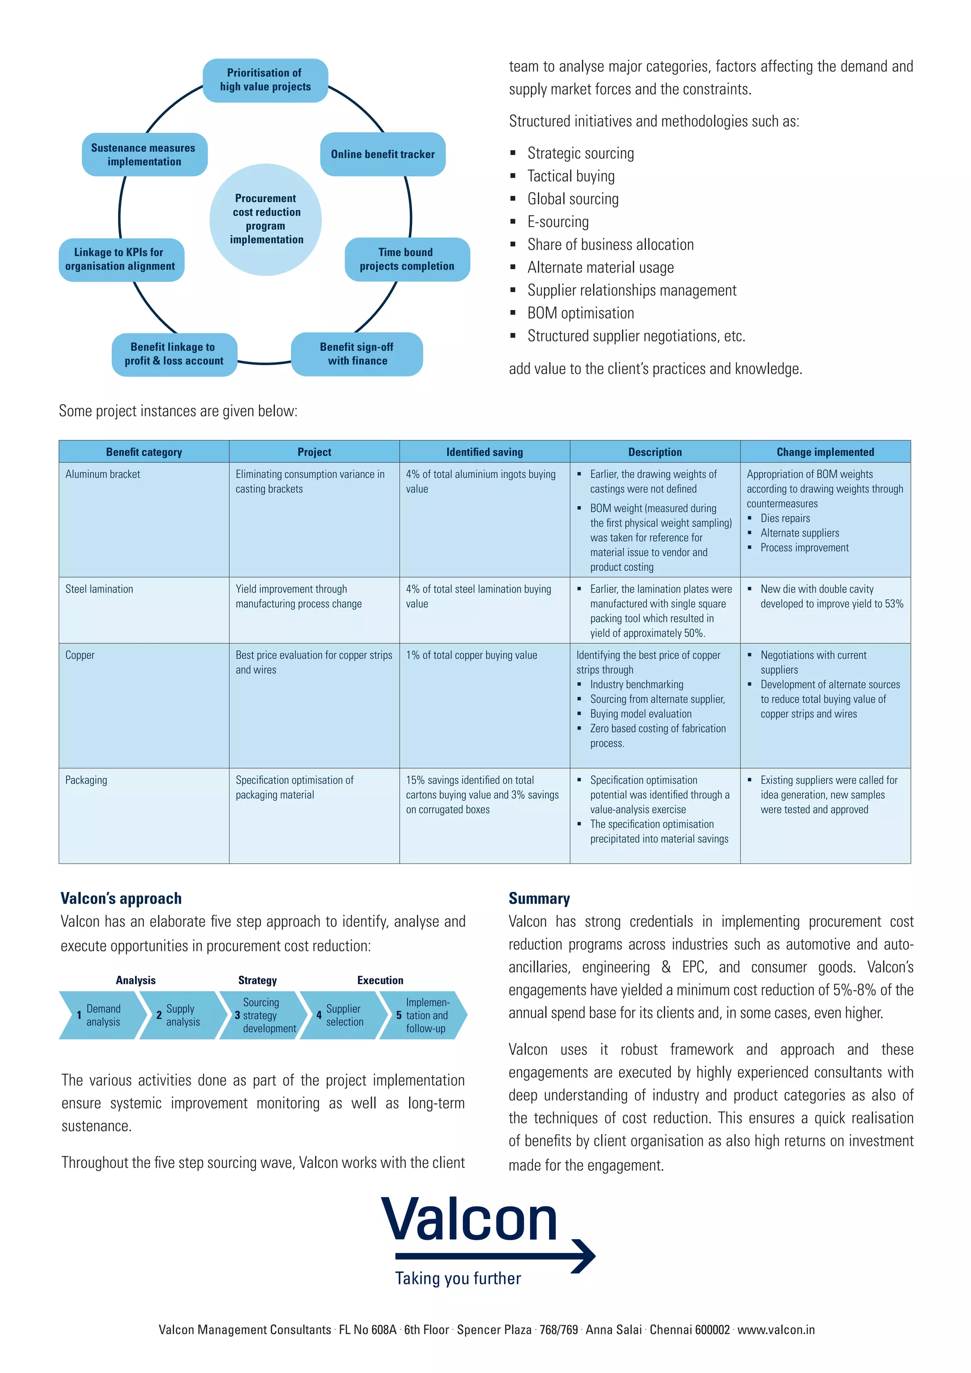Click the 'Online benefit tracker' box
click(x=383, y=154)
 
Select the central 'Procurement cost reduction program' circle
click(x=266, y=219)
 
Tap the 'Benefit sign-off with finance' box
click(x=357, y=354)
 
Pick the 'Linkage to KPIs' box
click(x=121, y=259)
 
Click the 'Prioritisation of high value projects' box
click(x=266, y=80)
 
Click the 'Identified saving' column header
click(x=484, y=452)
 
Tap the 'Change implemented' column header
click(x=825, y=452)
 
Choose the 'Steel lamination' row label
click(x=99, y=589)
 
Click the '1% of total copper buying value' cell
click(x=471, y=655)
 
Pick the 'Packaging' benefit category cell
click(x=86, y=780)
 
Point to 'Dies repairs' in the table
click(x=785, y=519)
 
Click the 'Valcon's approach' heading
click(x=121, y=898)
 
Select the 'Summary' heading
click(x=539, y=898)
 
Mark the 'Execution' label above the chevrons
click(x=380, y=980)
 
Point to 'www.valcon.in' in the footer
click(x=776, y=1329)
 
